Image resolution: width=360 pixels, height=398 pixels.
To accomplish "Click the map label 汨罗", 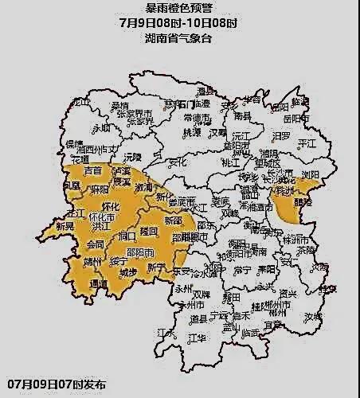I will coord(281,136).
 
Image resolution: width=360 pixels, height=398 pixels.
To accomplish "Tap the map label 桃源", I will coord(192,133).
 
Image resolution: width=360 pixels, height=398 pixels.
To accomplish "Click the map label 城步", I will coord(127,274).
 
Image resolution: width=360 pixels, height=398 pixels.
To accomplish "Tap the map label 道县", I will coord(199,318).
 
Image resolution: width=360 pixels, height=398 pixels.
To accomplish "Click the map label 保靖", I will coord(75,144).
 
